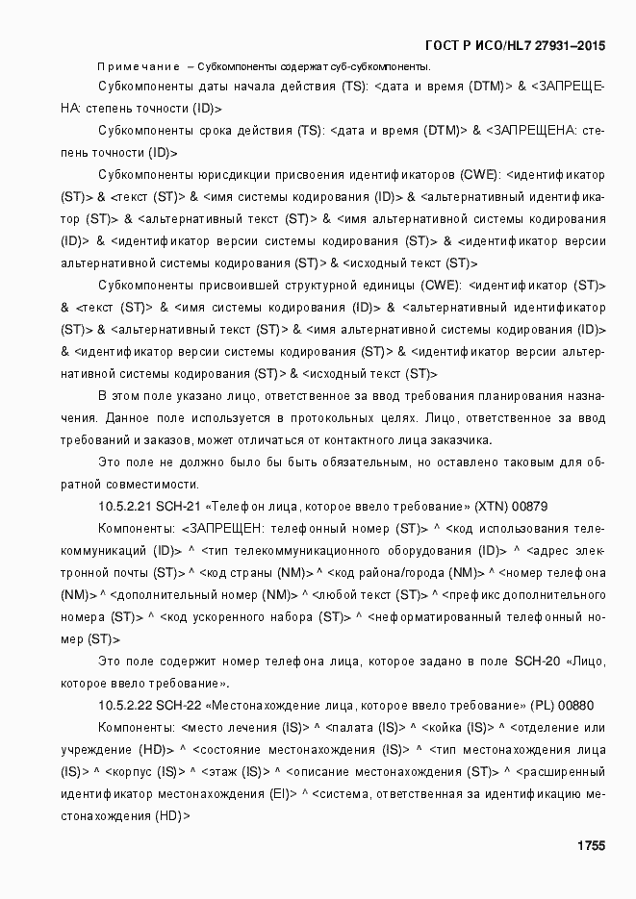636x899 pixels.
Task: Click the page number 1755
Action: coord(590,846)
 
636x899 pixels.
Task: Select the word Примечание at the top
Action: coord(139,66)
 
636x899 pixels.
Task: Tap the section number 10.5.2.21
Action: coord(125,505)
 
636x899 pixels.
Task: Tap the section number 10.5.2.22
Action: coord(125,705)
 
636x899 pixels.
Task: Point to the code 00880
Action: coord(575,705)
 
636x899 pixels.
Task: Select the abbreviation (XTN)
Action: coord(491,505)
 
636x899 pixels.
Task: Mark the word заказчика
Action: coord(458,440)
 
